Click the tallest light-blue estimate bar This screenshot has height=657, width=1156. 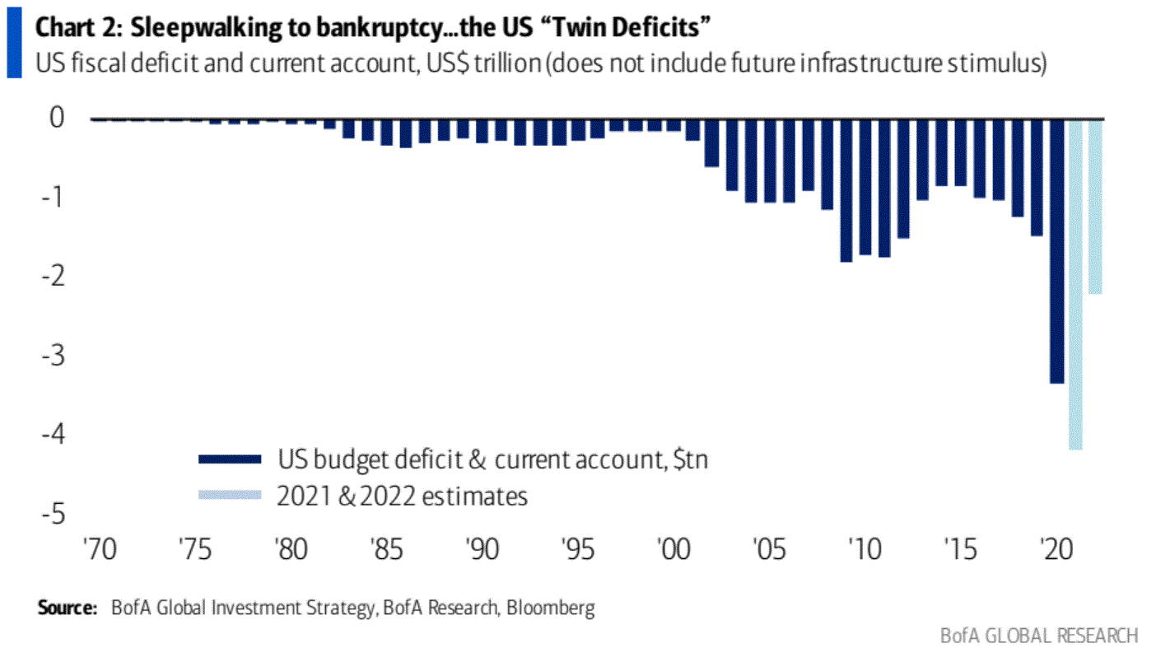coord(1075,284)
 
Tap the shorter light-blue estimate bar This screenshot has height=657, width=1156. coord(1096,206)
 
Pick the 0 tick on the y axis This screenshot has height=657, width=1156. coord(56,118)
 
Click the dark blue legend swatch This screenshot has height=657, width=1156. coord(230,459)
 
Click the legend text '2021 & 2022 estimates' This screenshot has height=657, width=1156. coord(403,496)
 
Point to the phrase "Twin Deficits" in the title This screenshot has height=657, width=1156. coord(642,27)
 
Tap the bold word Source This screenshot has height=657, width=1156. coord(67,608)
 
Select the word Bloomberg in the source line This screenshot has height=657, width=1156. coord(550,608)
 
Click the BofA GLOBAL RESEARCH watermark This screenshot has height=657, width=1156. coord(1039,636)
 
